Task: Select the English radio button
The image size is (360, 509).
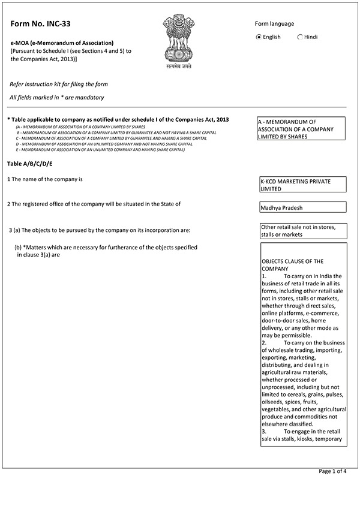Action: coord(259,37)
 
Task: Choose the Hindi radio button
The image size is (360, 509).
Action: coord(300,37)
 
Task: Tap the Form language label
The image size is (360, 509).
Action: coord(274,24)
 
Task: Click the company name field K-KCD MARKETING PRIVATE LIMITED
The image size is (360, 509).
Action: coord(302,184)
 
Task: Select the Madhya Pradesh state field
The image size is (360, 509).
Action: coord(302,207)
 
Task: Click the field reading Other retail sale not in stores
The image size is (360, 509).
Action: coord(302,231)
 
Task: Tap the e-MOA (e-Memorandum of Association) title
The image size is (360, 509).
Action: coord(62,43)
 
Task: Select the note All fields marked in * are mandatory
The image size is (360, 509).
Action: coord(57,97)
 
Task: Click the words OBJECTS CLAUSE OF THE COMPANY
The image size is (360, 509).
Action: coord(292,265)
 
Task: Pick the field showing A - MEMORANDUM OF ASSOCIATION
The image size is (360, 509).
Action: coord(301,129)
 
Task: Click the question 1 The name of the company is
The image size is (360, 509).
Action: coord(44,179)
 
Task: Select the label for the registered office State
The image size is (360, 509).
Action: coord(94,204)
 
